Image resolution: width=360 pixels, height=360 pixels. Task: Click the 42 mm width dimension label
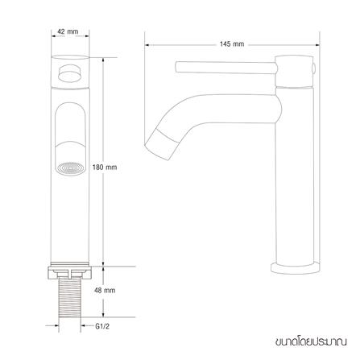click(68, 31)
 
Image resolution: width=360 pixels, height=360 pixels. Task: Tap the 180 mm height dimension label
click(105, 168)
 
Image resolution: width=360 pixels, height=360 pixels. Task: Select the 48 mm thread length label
click(105, 290)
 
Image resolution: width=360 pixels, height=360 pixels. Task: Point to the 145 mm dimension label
click(232, 44)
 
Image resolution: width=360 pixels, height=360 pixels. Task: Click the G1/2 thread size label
click(102, 326)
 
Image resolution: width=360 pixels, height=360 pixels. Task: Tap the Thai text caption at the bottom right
click(311, 341)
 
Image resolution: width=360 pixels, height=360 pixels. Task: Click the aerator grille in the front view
click(70, 169)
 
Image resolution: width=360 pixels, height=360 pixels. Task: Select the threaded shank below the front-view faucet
click(70, 298)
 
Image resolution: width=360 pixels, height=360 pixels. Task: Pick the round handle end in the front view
click(70, 73)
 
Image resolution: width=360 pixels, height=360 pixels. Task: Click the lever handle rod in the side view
click(226, 68)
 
